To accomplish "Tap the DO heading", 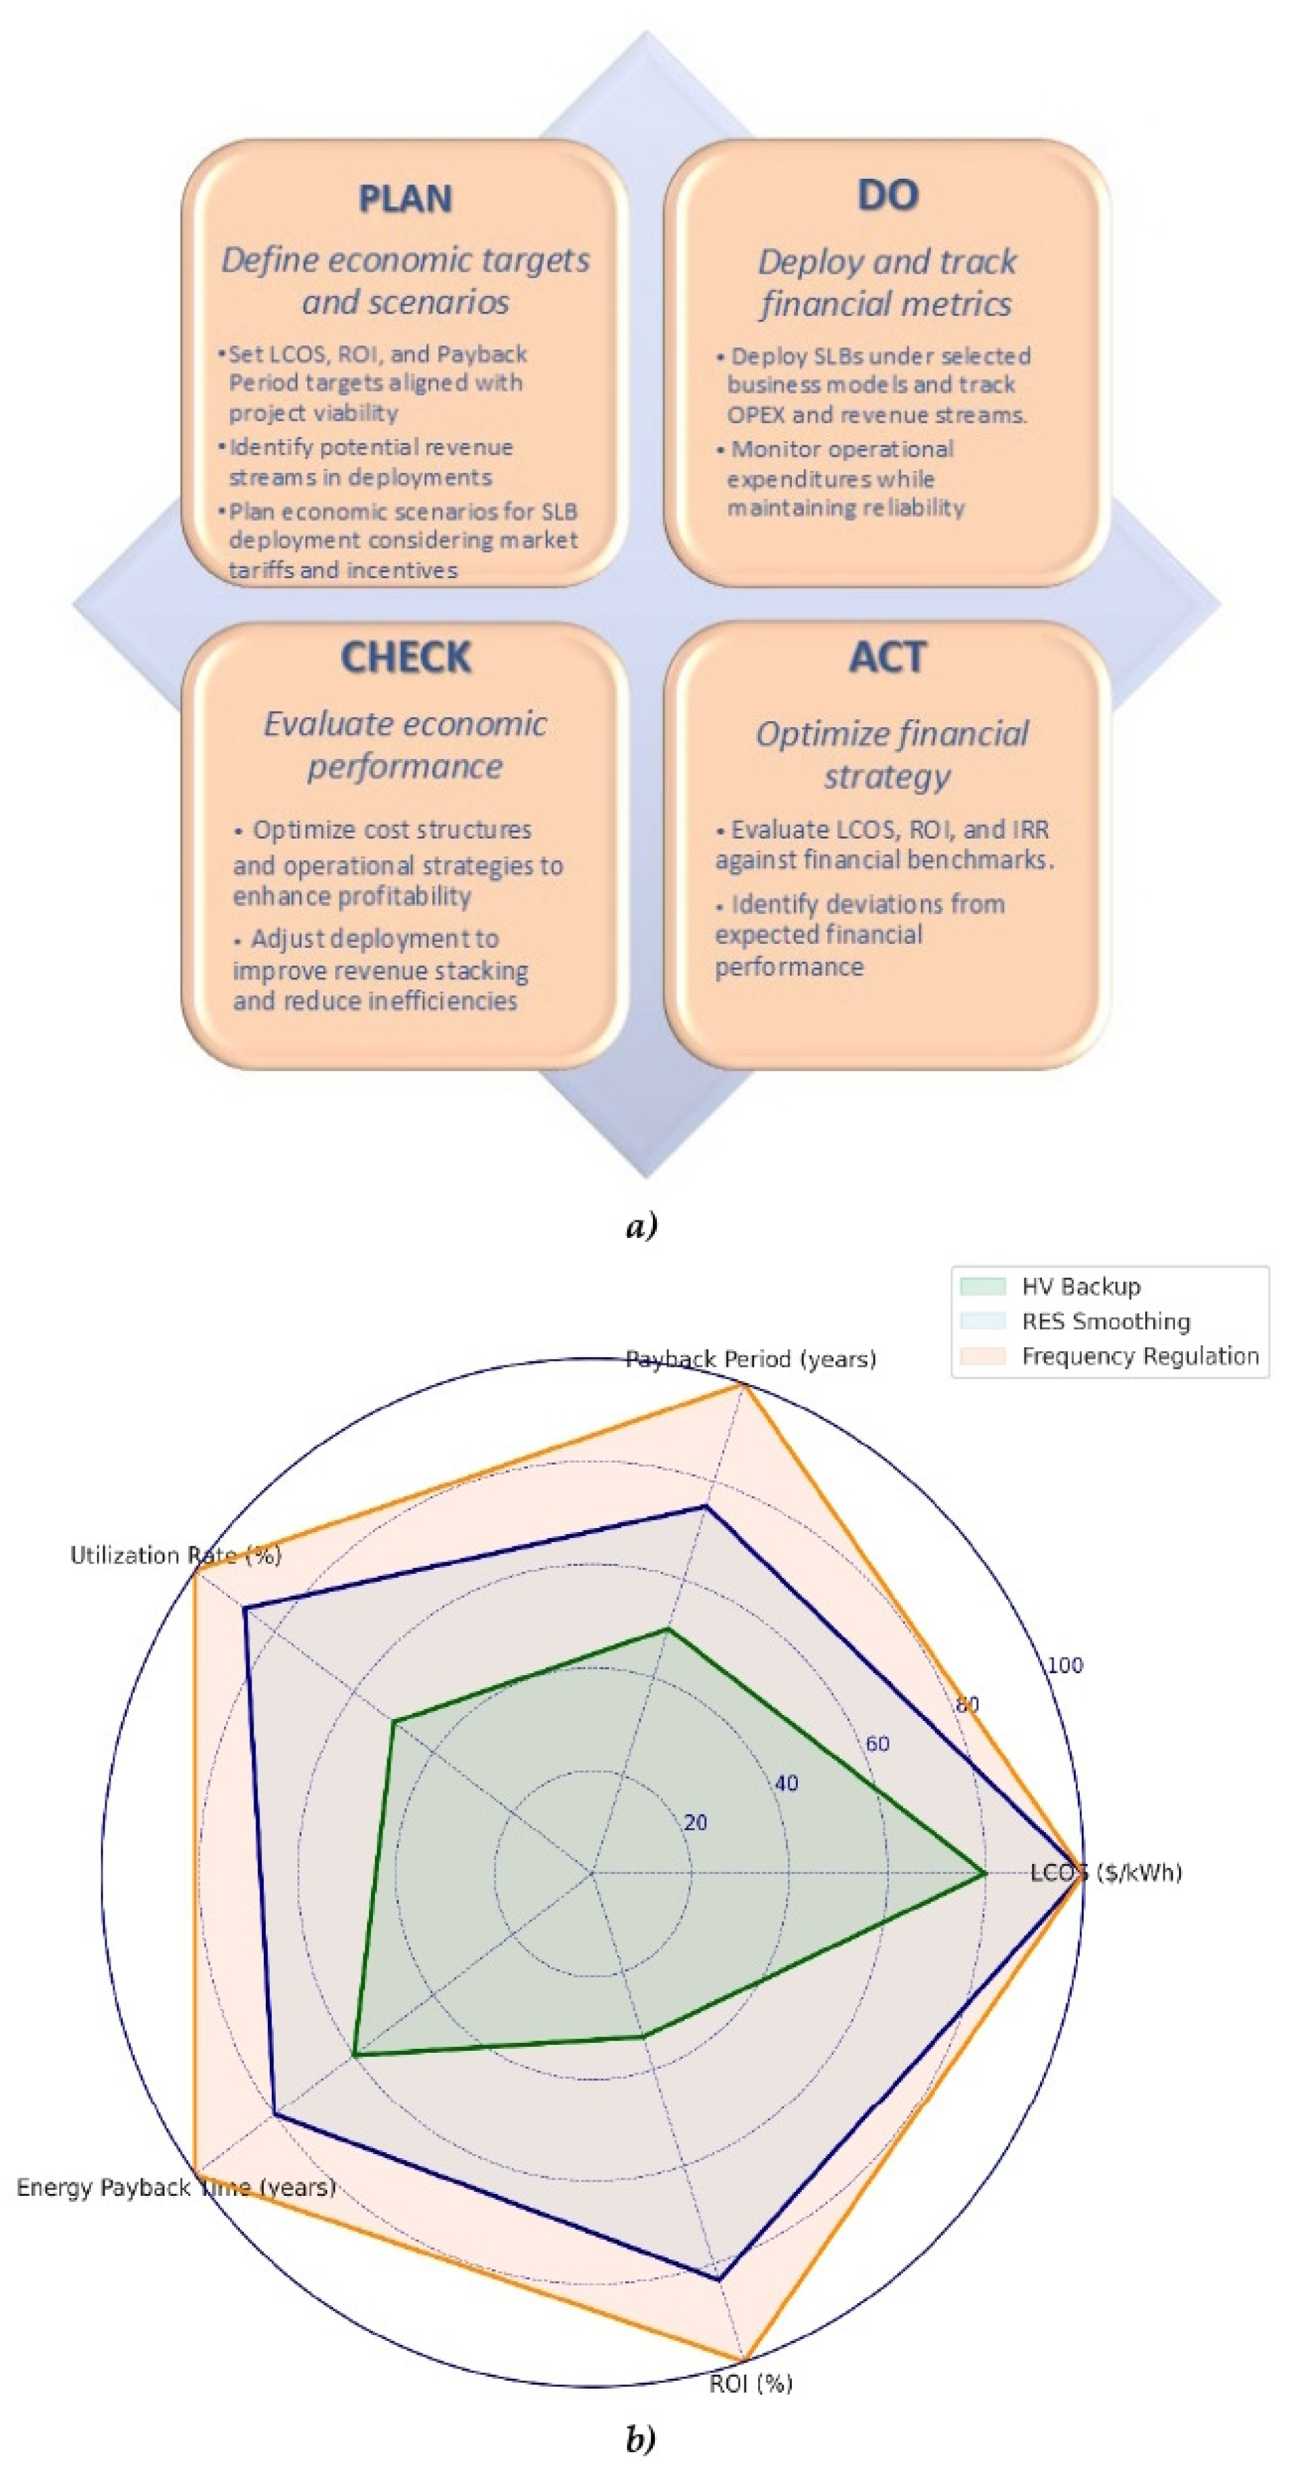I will click(887, 195).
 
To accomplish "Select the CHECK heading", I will click(405, 658).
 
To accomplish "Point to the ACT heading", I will click(887, 658).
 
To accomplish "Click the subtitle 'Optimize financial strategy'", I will click(890, 754).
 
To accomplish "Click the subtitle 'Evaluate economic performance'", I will click(405, 745).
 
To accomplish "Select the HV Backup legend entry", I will click(1080, 1287).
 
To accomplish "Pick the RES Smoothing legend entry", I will click(1105, 1322).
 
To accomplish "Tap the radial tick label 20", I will click(695, 1823).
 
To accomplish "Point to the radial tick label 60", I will click(877, 1743).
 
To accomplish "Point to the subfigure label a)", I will click(641, 1226).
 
